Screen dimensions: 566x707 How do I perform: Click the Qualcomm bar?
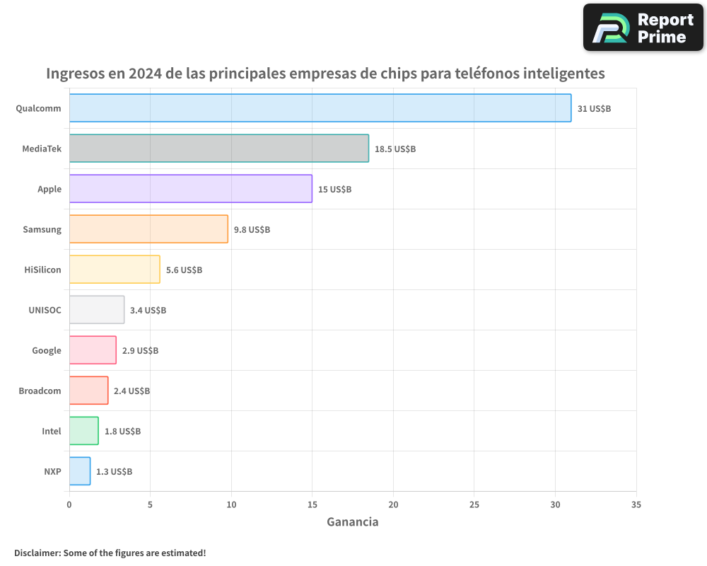pyautogui.click(x=320, y=108)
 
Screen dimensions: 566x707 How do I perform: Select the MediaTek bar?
pyautogui.click(x=219, y=149)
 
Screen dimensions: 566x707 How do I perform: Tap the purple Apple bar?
pyautogui.click(x=191, y=189)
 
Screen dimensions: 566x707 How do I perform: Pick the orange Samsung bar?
pyautogui.click(x=148, y=229)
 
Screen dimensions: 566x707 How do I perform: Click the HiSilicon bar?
pyautogui.click(x=115, y=270)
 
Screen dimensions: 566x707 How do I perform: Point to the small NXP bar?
pyautogui.click(x=80, y=471)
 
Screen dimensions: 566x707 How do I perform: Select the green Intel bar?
pyautogui.click(x=84, y=431)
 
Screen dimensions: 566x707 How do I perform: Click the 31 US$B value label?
pyautogui.click(x=594, y=109)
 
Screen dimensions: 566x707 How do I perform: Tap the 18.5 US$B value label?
pyautogui.click(x=395, y=149)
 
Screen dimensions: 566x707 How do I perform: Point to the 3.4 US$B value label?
pyautogui.click(x=148, y=311)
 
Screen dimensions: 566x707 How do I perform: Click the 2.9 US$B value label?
pyautogui.click(x=140, y=351)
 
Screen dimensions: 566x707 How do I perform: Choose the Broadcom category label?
pyautogui.click(x=40, y=391)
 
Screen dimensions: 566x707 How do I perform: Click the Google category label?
pyautogui.click(x=47, y=350)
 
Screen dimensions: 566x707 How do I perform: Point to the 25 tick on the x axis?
pyautogui.click(x=474, y=505)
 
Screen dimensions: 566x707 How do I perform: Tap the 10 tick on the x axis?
pyautogui.click(x=231, y=505)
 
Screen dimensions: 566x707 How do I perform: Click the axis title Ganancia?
pyautogui.click(x=352, y=522)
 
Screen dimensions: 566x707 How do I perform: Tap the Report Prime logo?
pyautogui.click(x=643, y=28)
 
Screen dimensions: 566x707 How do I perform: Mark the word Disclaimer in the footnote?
pyautogui.click(x=37, y=553)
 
